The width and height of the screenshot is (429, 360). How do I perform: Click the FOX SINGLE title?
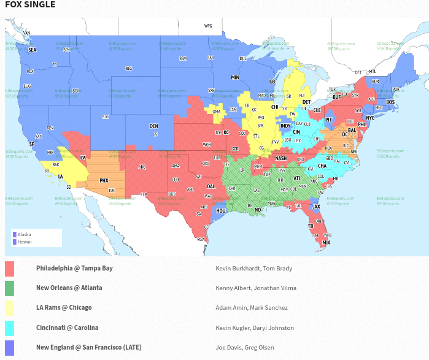click(x=30, y=5)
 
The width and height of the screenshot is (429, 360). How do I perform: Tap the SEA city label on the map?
click(x=33, y=50)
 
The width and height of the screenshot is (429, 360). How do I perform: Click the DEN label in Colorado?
click(x=153, y=126)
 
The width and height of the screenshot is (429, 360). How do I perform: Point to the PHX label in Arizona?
click(x=104, y=181)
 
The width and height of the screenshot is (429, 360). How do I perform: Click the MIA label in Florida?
click(x=327, y=242)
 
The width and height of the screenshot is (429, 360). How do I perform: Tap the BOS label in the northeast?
click(x=390, y=102)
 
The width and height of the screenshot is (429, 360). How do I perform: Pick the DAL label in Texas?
click(x=211, y=186)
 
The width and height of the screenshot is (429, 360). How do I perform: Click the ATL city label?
click(x=298, y=178)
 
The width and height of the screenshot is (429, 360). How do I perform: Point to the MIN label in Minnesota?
click(x=234, y=78)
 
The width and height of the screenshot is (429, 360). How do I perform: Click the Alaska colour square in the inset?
click(x=14, y=234)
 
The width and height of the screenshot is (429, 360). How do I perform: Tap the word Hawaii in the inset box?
click(x=25, y=242)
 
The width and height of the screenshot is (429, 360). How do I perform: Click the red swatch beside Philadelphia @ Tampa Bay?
click(x=9, y=269)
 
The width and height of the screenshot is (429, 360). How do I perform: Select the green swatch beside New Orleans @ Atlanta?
click(x=9, y=288)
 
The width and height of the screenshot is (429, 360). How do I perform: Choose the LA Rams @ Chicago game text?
click(x=64, y=307)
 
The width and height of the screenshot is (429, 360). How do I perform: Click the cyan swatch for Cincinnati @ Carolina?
click(x=9, y=328)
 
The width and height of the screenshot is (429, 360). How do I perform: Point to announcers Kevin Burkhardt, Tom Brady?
click(x=253, y=268)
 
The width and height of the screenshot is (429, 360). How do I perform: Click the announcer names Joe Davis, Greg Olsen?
click(x=245, y=347)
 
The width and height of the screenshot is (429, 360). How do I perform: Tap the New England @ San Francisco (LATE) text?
click(x=88, y=347)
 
